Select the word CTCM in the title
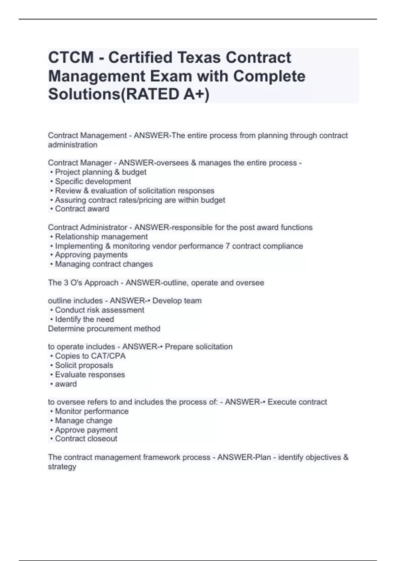tap(71, 57)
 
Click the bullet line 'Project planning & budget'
tap(100, 172)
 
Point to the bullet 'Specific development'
tap(93, 181)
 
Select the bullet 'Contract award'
tap(82, 209)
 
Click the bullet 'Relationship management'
tap(101, 237)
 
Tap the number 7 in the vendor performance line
tap(228, 246)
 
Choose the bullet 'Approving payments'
tap(91, 255)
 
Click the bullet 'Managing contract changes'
tap(104, 264)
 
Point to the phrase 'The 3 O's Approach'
tap(83, 283)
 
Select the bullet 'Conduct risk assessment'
tap(99, 310)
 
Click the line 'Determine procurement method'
tap(104, 329)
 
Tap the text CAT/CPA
tap(107, 356)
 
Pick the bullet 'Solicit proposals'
tap(84, 365)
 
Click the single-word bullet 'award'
tap(66, 384)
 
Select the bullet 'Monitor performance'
tap(91, 412)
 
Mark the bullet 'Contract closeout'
tap(86, 439)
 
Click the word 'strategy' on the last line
tap(62, 467)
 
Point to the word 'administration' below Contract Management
tap(73, 145)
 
